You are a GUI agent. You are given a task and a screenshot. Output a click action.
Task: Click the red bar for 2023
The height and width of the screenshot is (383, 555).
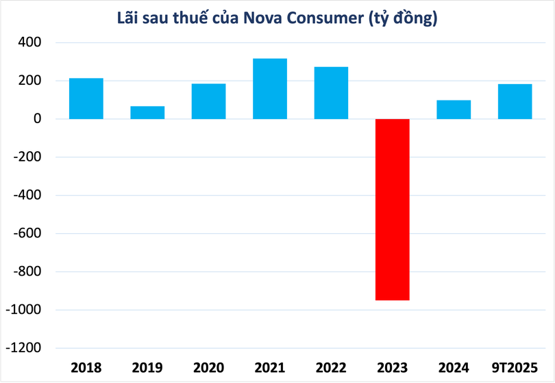(x=393, y=209)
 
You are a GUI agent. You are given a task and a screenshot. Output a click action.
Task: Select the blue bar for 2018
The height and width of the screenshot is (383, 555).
(x=86, y=98)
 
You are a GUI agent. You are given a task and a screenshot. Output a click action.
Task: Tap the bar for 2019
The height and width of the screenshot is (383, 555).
(x=147, y=113)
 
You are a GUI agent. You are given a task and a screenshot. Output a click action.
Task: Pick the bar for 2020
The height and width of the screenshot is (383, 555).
(x=208, y=101)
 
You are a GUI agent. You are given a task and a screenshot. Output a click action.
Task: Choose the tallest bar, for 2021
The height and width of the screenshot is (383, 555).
(x=270, y=89)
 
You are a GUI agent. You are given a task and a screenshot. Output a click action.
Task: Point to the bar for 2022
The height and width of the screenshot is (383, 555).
(x=331, y=93)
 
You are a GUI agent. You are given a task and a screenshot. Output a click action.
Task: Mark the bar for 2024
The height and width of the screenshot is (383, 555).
(x=454, y=110)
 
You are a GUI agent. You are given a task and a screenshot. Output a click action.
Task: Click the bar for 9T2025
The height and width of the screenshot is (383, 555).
(x=515, y=102)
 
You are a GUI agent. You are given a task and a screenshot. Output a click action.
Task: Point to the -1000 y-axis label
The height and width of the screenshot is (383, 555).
(x=23, y=310)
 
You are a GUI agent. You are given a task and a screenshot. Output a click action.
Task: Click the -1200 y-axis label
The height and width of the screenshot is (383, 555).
(x=23, y=348)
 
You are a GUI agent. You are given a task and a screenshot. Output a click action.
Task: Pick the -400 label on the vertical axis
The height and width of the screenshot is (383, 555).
(x=26, y=196)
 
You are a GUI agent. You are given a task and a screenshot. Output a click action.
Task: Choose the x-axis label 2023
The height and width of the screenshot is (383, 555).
(x=393, y=368)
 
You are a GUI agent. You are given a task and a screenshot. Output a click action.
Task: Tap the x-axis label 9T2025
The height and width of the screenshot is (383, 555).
(x=515, y=368)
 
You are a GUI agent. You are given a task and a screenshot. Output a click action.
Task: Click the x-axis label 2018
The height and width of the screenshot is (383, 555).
(x=86, y=368)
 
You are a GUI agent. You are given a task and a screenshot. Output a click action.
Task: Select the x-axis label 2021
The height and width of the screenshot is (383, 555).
(x=270, y=368)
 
